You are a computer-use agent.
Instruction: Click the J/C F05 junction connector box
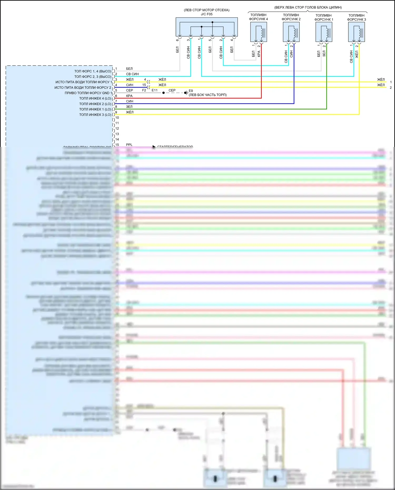tap(206, 27)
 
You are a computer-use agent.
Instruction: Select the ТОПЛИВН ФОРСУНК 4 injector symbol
tap(258, 32)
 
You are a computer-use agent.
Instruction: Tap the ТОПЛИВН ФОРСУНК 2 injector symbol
tap(291, 32)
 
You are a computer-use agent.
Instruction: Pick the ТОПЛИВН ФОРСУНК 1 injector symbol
tap(324, 32)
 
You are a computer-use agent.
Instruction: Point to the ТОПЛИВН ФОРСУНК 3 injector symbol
tap(356, 32)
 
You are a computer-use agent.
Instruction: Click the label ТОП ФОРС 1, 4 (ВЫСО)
tap(93, 71)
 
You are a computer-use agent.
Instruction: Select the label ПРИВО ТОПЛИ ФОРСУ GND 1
tap(88, 93)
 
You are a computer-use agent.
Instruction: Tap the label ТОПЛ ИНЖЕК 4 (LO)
tap(95, 98)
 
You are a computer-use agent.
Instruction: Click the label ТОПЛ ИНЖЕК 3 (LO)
tap(95, 115)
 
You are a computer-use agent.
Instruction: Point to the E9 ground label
tap(191, 91)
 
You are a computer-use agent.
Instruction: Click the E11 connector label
tap(155, 90)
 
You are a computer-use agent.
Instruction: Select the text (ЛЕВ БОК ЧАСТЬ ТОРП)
tap(208, 95)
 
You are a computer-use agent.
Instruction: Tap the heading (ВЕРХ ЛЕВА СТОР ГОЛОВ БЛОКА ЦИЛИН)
tap(308, 7)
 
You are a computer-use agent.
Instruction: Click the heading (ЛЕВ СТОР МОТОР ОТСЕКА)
tap(206, 10)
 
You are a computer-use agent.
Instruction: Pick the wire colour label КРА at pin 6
tap(129, 96)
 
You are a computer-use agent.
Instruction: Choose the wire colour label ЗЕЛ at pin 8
tap(129, 107)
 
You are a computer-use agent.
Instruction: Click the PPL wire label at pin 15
tap(129, 145)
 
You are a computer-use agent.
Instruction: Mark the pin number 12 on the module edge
tap(117, 128)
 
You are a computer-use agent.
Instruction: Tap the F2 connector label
tap(144, 90)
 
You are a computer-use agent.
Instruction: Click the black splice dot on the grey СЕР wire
tap(164, 93)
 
